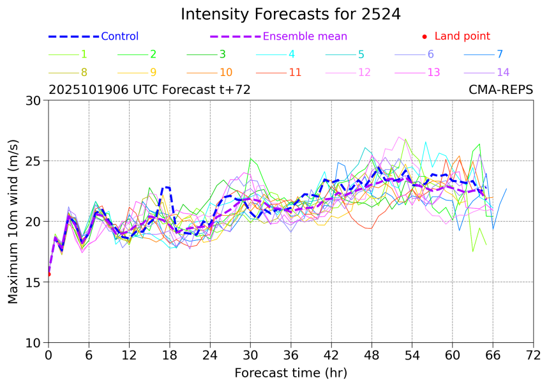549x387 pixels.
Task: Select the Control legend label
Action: point(119,36)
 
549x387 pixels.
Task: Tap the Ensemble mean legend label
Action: point(305,36)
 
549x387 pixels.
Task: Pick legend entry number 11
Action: point(295,72)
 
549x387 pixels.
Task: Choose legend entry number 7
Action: point(500,54)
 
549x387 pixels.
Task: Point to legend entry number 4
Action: point(291,54)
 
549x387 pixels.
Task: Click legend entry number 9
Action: point(153,72)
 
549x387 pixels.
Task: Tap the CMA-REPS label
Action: point(501,90)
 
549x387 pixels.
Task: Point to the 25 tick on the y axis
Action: point(37,161)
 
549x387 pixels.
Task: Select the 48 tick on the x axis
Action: point(372,355)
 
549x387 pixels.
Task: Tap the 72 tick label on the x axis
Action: point(534,355)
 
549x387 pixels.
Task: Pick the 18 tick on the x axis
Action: point(169,355)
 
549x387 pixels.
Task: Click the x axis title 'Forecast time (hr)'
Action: point(290,373)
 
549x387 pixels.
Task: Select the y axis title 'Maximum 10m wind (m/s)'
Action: point(13,221)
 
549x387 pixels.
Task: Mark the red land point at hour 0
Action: point(49,274)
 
